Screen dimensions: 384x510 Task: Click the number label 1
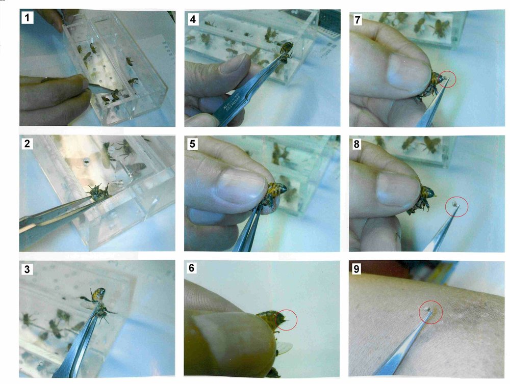(27, 18)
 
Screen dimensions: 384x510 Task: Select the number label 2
(27, 144)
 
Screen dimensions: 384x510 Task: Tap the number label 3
(27, 269)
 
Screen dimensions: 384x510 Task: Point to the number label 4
(192, 18)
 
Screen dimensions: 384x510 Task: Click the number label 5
(192, 144)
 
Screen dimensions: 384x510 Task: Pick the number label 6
(192, 269)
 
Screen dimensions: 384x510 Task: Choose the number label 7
(357, 18)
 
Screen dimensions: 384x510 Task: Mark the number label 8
(357, 144)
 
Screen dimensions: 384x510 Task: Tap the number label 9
(357, 269)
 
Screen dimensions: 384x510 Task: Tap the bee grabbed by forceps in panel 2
(98, 193)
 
